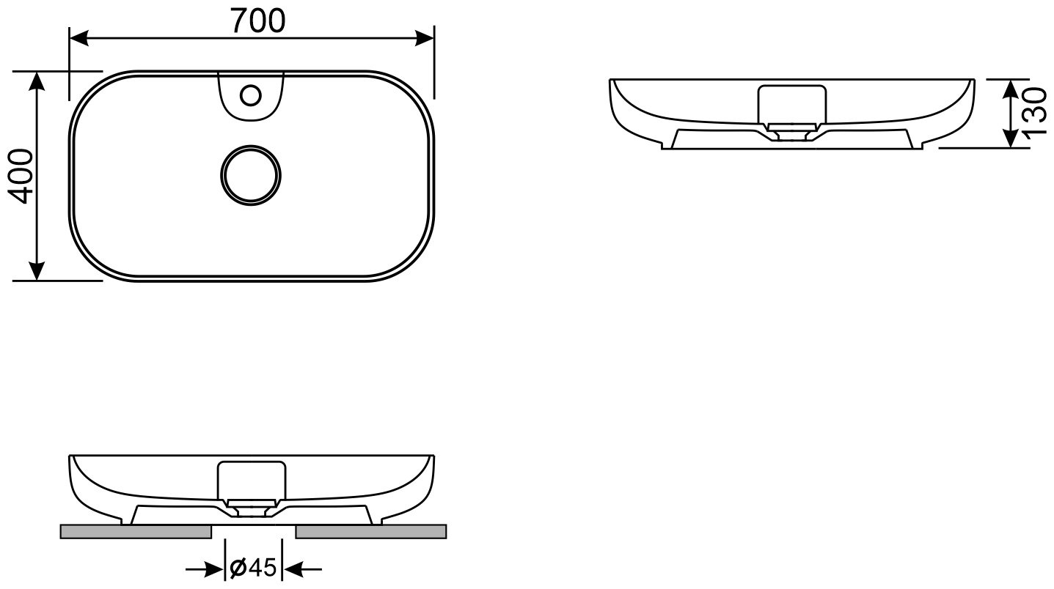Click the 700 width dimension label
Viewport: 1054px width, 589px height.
(259, 21)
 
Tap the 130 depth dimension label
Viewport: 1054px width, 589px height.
(1035, 114)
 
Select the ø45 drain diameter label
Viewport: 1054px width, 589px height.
(253, 568)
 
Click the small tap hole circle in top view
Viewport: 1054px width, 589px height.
(250, 95)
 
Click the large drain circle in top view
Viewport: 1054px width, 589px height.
(250, 175)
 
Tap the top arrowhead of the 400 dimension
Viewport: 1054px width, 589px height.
(37, 81)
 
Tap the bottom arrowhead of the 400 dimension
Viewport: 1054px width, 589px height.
(37, 271)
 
